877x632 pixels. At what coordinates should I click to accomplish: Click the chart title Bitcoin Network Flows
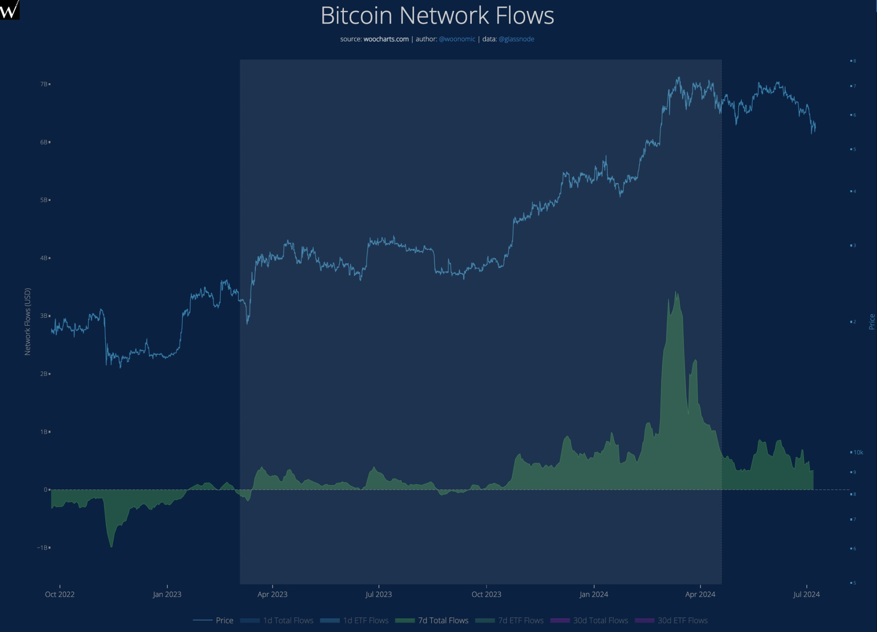click(x=437, y=16)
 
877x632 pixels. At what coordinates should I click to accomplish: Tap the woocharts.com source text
click(x=386, y=39)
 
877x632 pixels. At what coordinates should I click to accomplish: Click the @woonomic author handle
click(x=457, y=39)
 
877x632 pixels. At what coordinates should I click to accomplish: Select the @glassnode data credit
click(x=516, y=39)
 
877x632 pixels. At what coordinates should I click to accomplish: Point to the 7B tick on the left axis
click(x=44, y=84)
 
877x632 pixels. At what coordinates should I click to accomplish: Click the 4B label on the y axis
click(x=44, y=258)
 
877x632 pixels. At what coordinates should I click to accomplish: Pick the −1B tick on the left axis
click(x=43, y=548)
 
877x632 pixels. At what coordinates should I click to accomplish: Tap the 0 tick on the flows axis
click(x=45, y=490)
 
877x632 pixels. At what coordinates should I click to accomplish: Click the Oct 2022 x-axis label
click(x=60, y=594)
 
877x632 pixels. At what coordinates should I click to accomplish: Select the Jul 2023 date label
click(x=378, y=594)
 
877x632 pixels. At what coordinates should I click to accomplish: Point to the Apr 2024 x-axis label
click(x=700, y=594)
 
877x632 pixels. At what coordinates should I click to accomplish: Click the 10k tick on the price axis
click(x=858, y=452)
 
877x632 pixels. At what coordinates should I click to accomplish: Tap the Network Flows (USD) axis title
click(x=28, y=321)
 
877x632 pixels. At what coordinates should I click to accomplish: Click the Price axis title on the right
click(x=871, y=321)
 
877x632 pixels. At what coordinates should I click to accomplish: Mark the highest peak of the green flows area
click(x=676, y=292)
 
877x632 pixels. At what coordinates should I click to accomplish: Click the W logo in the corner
click(x=9, y=9)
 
